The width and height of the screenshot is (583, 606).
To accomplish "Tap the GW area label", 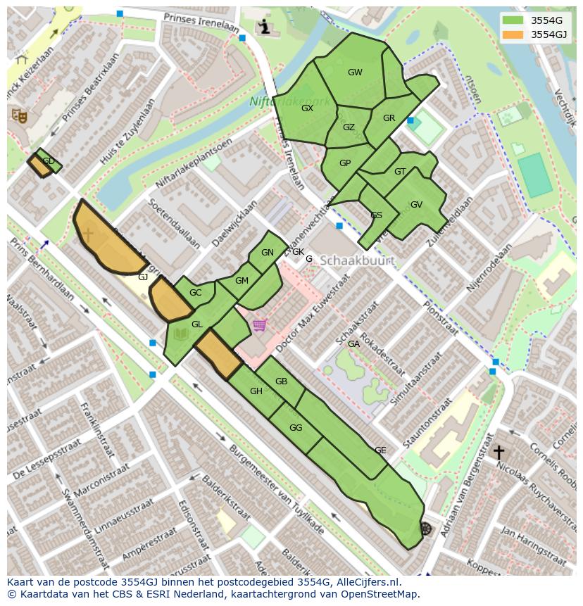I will tap(355, 72).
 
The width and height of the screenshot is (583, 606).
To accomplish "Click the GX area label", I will tap(307, 108).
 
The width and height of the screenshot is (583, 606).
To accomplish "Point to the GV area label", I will tap(416, 205).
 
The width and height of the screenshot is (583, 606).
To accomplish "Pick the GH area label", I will tap(256, 391).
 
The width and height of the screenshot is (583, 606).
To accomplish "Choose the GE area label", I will tap(380, 450).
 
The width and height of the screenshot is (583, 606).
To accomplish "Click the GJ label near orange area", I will tap(143, 277).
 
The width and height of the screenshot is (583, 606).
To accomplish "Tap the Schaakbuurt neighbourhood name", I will tap(356, 260).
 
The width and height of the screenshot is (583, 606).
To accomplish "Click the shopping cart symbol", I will tap(260, 325).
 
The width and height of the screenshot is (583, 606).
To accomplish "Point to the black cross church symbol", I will tap(499, 452).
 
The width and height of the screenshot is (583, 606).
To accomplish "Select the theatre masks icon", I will tap(19, 115).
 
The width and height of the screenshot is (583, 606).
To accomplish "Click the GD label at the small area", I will tap(49, 161).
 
